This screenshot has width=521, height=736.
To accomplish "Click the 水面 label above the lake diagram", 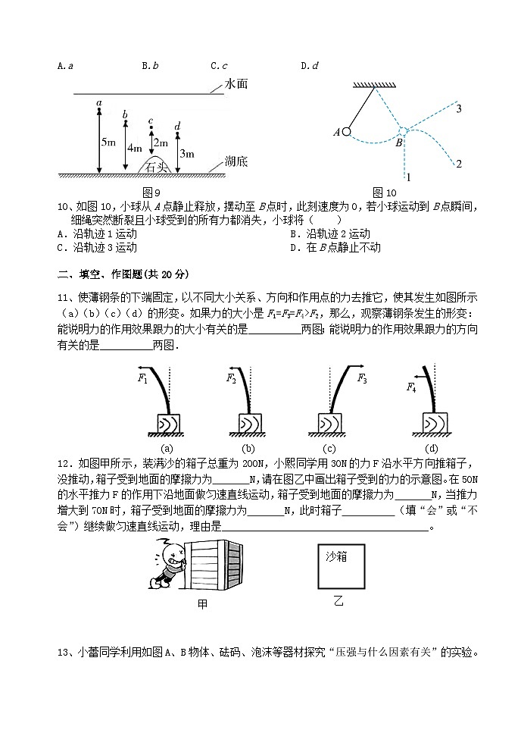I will [237, 86].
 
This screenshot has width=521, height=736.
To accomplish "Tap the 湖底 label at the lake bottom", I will [237, 161].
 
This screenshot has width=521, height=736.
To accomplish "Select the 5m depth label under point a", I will [108, 143].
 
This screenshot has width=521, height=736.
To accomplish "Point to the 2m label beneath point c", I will [161, 143].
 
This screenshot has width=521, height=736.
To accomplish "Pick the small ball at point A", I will [346, 131].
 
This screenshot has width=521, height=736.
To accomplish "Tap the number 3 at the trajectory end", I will [459, 110].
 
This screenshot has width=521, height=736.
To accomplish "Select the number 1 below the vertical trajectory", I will [408, 178].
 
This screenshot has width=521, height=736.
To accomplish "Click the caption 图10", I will [384, 192].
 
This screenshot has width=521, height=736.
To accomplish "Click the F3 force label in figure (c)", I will [362, 377].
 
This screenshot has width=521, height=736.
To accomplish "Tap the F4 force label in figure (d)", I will [411, 387].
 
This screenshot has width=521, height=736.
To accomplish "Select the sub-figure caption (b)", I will [248, 447].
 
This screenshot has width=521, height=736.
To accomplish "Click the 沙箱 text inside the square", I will [336, 556].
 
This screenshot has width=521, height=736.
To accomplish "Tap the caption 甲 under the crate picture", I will [202, 604].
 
